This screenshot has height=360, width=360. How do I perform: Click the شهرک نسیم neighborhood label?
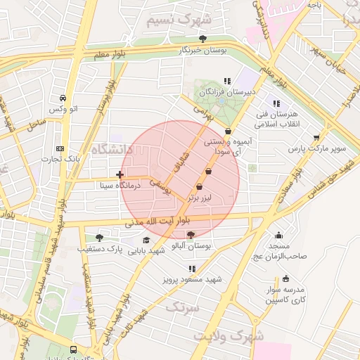pyautogui.click(x=179, y=20)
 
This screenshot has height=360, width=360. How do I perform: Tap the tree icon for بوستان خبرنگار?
pyautogui.click(x=203, y=39)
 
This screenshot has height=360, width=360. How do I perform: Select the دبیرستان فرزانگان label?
pyautogui.click(x=226, y=92)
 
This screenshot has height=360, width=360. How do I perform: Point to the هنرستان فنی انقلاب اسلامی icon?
pyautogui.click(x=276, y=104)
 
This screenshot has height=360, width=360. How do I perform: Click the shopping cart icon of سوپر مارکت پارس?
pyautogui.click(x=316, y=138)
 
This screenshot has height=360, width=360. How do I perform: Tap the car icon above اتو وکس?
pyautogui.click(x=63, y=98)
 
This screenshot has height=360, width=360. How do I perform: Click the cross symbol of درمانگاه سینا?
pyautogui.click(x=120, y=174)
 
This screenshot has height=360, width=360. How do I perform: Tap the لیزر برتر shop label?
pyautogui.click(x=202, y=198)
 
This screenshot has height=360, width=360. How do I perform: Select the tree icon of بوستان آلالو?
pyautogui.click(x=191, y=236)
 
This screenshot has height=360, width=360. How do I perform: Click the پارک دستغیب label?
pyautogui.click(x=101, y=249)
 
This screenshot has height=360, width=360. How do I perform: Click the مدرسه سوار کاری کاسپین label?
pyautogui.click(x=284, y=295)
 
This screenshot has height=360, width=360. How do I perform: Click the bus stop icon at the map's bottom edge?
pyautogui.click(x=74, y=349)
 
